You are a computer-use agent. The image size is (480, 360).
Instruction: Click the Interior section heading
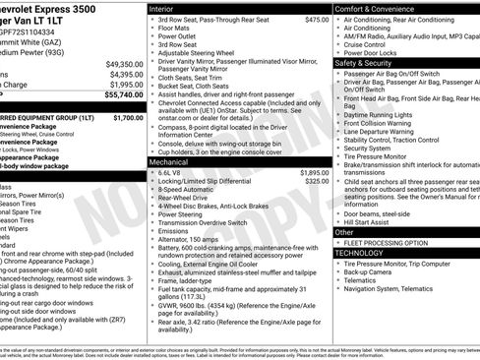click(162, 8)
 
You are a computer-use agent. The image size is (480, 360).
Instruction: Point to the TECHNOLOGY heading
click(360, 253)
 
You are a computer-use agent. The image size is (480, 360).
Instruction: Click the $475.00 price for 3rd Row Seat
click(317, 19)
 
